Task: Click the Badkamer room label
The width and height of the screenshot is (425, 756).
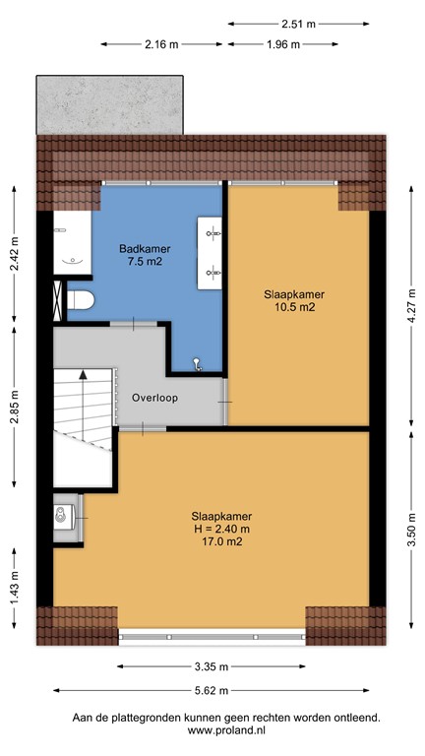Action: click(x=144, y=248)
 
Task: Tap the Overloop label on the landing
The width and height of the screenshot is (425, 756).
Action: click(x=153, y=399)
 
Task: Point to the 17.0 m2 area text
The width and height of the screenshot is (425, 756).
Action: click(x=222, y=540)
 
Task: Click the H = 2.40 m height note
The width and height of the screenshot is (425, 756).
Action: click(x=222, y=528)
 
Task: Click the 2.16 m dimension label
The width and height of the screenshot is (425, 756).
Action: click(x=161, y=44)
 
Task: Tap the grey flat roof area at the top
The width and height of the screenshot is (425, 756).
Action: click(x=111, y=105)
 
